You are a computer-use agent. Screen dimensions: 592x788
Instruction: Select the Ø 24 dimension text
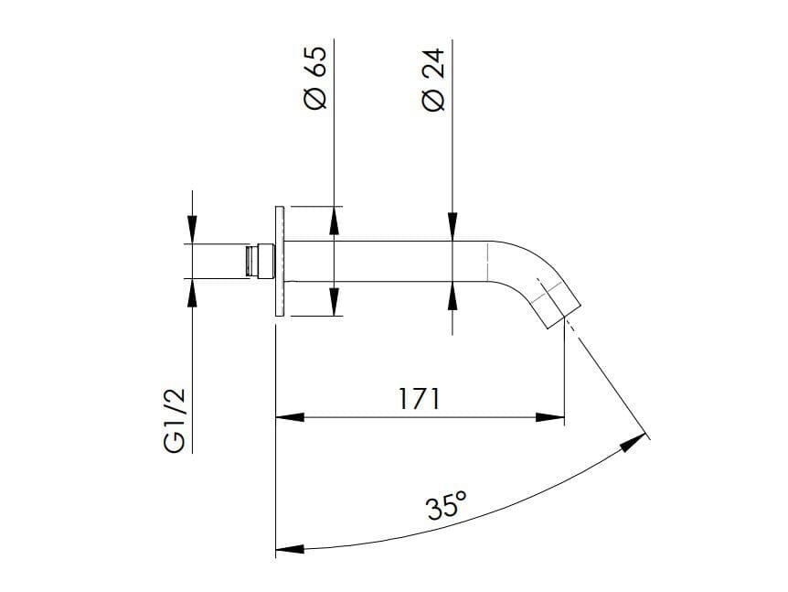click(432, 80)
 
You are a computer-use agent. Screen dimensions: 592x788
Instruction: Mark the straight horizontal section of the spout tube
click(393, 261)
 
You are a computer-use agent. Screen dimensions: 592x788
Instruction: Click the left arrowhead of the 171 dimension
click(290, 418)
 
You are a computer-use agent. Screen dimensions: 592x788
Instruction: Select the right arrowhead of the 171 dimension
click(549, 418)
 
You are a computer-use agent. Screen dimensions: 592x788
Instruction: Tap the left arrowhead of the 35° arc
click(290, 549)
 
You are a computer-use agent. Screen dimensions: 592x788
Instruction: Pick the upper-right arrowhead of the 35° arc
click(633, 443)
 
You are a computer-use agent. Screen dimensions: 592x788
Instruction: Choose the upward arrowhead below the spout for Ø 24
click(453, 295)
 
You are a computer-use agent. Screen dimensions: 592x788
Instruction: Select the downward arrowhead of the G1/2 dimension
click(192, 230)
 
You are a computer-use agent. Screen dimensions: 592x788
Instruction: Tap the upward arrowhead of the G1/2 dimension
click(192, 292)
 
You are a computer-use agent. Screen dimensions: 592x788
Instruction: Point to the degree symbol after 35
click(462, 495)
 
